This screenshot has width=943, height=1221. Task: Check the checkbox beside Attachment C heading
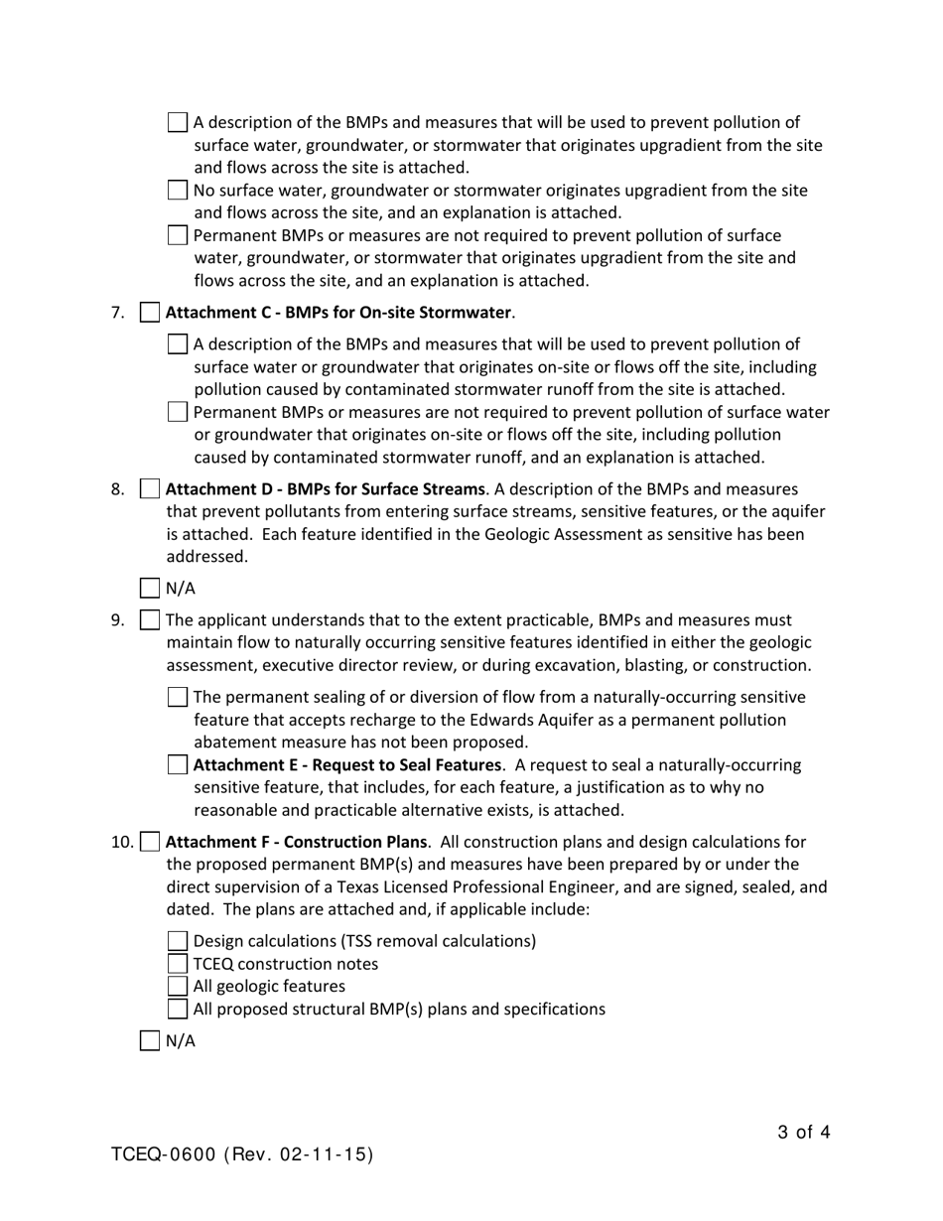click(149, 313)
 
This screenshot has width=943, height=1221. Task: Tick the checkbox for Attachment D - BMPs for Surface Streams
click(149, 489)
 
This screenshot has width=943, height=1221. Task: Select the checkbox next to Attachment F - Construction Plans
click(149, 842)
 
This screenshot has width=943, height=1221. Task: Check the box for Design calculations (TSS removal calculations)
click(178, 941)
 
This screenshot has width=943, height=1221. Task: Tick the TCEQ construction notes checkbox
click(178, 964)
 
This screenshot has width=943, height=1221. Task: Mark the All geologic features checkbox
click(178, 986)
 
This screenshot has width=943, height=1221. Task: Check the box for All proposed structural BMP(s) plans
click(178, 1009)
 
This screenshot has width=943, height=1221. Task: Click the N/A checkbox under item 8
click(149, 588)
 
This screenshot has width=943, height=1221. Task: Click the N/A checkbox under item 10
click(149, 1040)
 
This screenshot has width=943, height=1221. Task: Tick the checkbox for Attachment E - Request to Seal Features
click(178, 765)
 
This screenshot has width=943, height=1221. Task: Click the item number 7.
click(117, 313)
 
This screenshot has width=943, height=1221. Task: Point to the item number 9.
click(117, 620)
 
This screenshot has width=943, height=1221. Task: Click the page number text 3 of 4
click(803, 1132)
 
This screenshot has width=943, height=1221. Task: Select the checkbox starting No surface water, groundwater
click(178, 191)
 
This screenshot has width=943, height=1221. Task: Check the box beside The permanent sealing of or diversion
click(178, 697)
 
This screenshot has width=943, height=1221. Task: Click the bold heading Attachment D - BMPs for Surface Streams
click(325, 489)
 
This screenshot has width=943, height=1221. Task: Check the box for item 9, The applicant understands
click(149, 620)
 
